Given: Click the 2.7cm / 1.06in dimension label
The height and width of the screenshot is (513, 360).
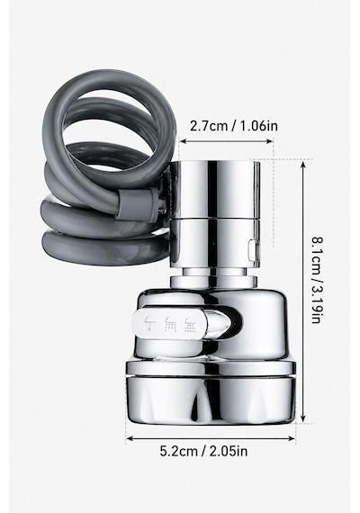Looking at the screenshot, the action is coord(234,126).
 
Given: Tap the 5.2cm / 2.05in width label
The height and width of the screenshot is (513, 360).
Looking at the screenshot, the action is coord(203,452).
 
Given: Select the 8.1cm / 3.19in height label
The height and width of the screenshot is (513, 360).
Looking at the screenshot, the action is coord(317,281).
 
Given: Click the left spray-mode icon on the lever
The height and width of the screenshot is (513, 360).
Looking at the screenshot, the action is coord(149,323).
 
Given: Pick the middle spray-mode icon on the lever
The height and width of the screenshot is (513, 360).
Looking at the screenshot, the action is coord(170,324).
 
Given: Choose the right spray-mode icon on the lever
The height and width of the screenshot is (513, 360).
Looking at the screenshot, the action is coord(191,324).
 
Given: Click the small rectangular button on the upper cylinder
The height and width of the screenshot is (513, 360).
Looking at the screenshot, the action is coord(252,249).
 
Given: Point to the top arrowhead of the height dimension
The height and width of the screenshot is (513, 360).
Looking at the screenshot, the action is coord(303,163).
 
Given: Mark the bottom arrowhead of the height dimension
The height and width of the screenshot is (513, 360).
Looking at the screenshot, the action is coord(303,419).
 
